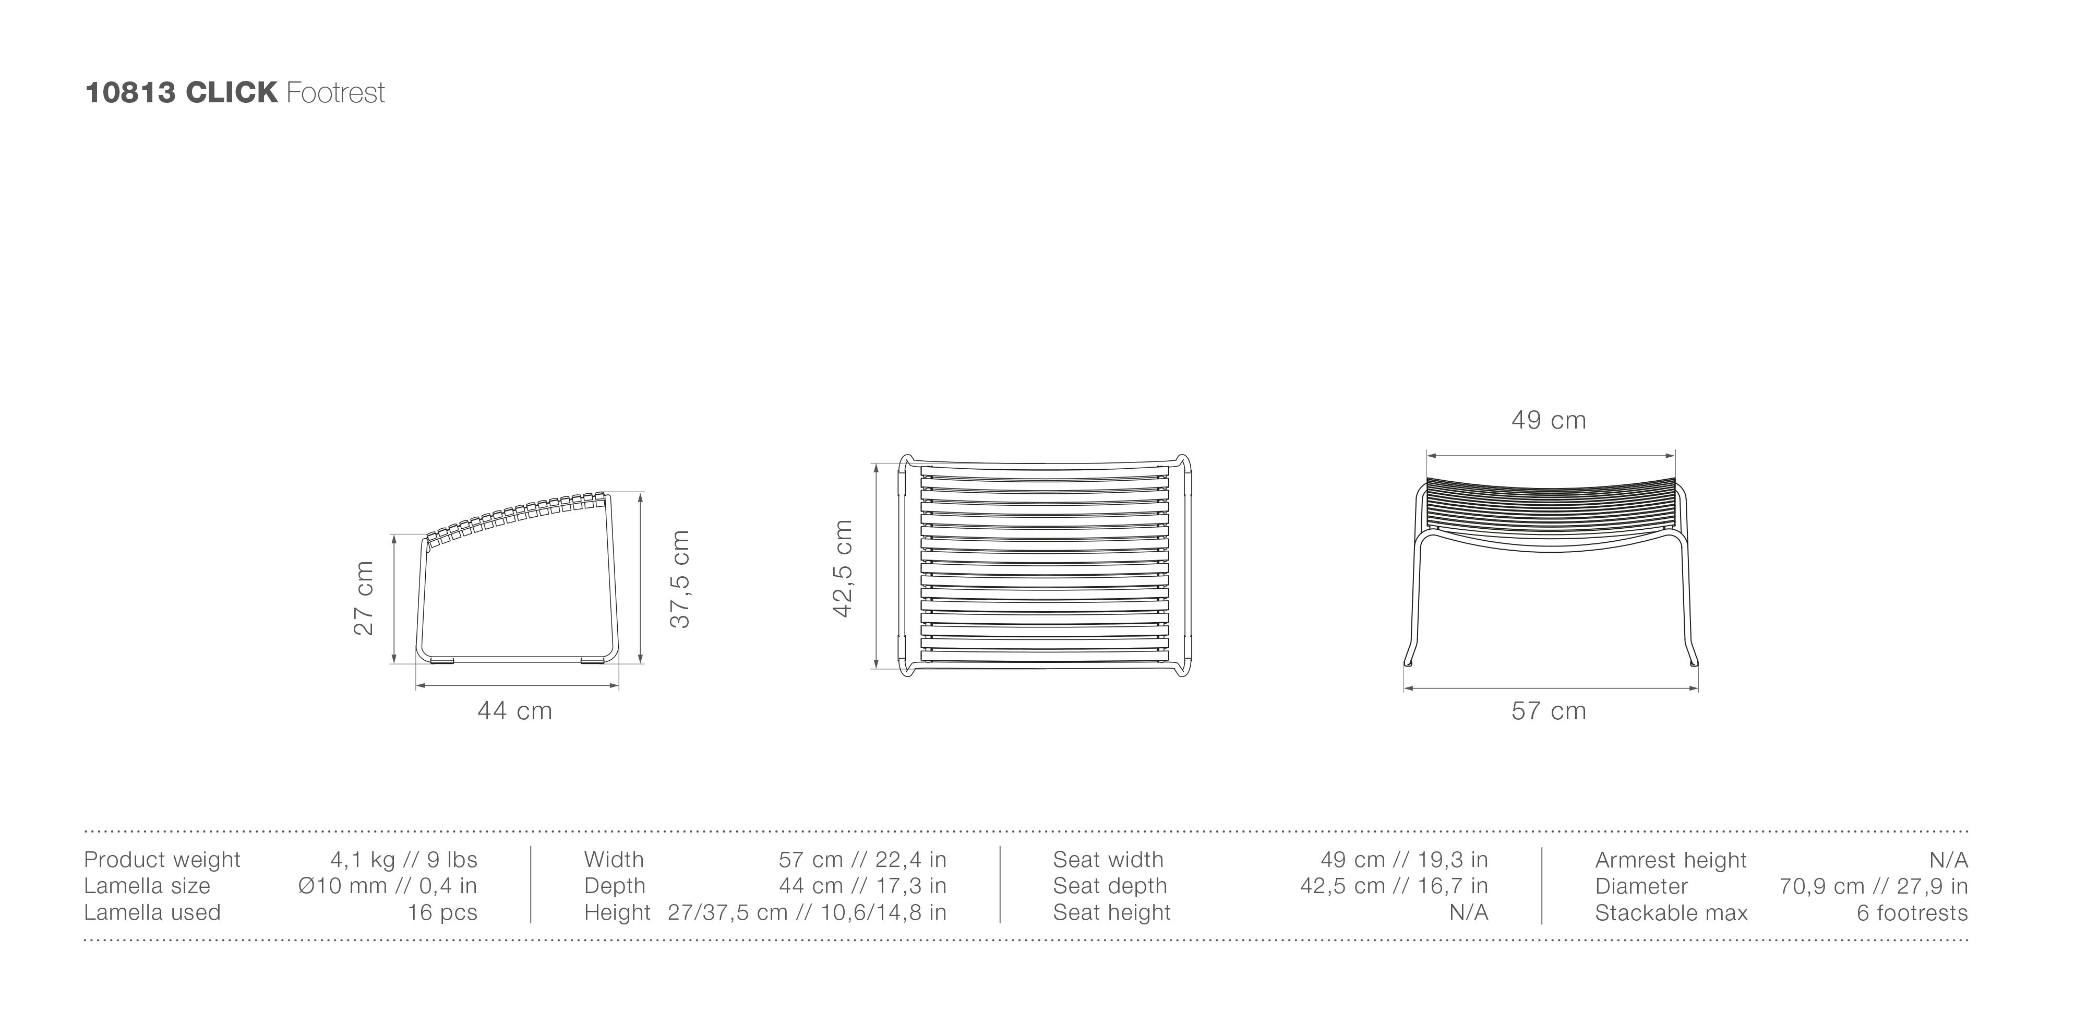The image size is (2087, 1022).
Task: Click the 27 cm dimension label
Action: coord(364,598)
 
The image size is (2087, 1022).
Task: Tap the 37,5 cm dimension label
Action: coord(680,579)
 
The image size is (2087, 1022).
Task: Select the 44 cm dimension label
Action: coord(514,711)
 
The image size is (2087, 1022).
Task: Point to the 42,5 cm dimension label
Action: coord(843,569)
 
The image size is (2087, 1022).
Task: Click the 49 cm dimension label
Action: coord(1548,420)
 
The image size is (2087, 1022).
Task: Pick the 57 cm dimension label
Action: coord(1548,711)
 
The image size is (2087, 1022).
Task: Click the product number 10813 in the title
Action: coord(129,93)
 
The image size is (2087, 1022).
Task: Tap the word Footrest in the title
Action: coord(335,93)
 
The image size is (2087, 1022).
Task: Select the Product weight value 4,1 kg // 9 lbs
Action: coord(403,859)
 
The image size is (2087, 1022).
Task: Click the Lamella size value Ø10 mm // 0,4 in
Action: coord(387,886)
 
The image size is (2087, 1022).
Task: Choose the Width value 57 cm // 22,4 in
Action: coord(862,859)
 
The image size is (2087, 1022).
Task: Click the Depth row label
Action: coord(614,886)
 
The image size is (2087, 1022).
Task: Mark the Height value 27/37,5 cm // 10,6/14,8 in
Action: coord(806,912)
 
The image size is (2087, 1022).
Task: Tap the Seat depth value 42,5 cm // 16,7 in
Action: coord(1394,886)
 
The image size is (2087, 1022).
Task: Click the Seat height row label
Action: coord(1111,912)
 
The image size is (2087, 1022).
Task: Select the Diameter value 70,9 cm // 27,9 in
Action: coord(1873,886)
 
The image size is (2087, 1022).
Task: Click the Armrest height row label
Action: coord(1671,860)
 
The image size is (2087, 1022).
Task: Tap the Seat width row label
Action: coord(1108,859)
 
